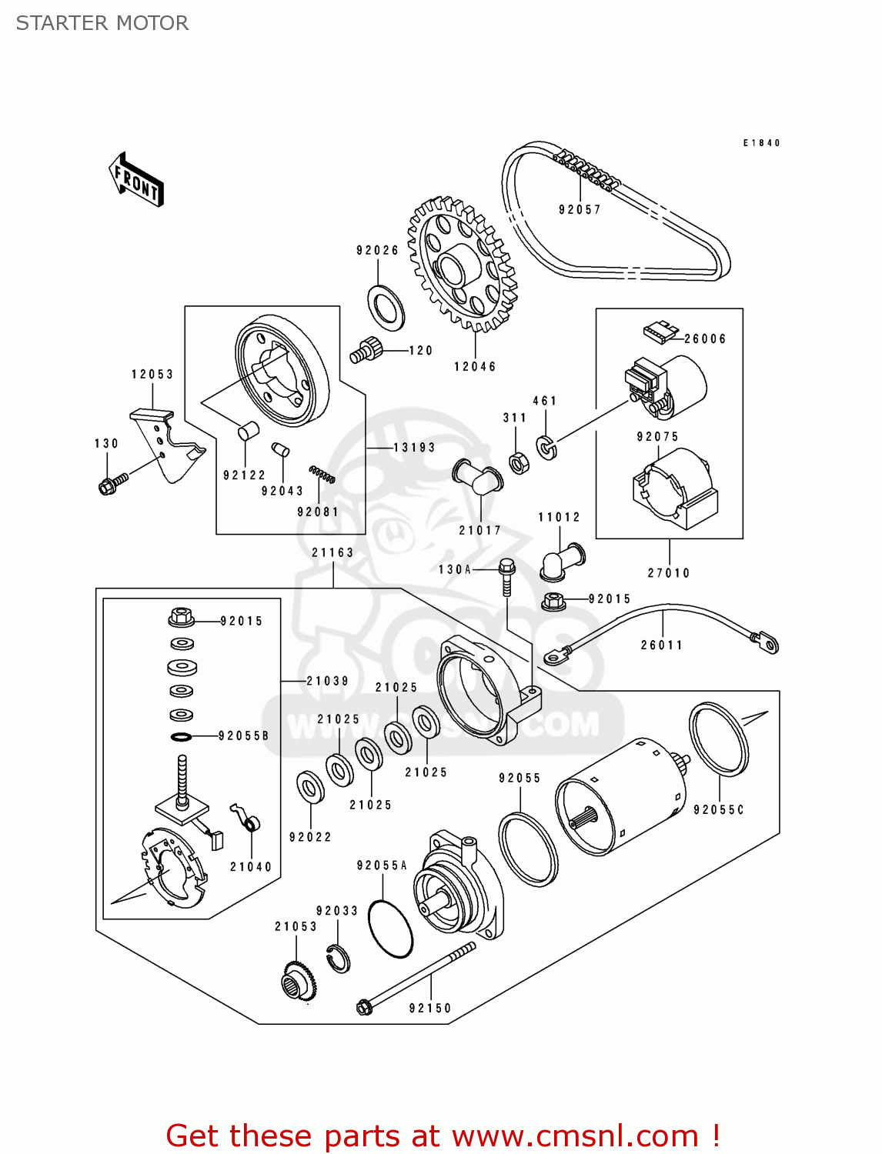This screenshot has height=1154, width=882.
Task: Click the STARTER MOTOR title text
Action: coord(102,23)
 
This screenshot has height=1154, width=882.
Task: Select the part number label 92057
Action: coord(580,209)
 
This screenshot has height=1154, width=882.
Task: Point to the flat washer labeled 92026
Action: coord(386,307)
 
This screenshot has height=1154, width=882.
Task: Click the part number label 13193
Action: coord(414,447)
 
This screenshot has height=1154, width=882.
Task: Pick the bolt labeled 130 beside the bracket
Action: coord(110,484)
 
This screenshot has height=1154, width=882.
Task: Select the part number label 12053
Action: coord(152,374)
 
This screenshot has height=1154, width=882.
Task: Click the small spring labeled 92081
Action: coord(322,474)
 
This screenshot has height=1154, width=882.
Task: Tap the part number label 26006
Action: coord(705,339)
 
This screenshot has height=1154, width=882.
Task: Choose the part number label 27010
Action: coord(669,572)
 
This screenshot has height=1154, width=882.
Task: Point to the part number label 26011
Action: coord(662,645)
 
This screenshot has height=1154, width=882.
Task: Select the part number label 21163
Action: coord(332,552)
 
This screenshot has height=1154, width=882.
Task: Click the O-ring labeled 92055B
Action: coord(181,737)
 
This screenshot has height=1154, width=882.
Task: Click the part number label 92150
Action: coord(430,1008)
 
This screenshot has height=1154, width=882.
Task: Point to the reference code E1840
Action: coord(761,143)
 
